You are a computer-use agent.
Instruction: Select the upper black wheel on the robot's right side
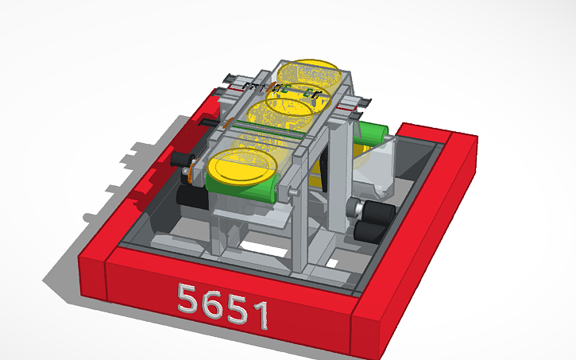(380, 212)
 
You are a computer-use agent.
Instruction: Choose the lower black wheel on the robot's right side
(370, 231)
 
